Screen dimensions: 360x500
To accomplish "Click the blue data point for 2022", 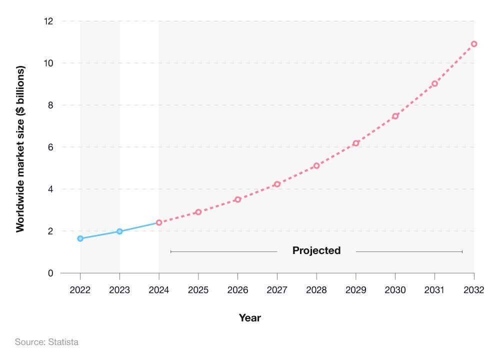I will [x=80, y=238].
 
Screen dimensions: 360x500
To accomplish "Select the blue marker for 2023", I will [x=119, y=231].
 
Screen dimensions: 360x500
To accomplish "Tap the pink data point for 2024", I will [x=159, y=222].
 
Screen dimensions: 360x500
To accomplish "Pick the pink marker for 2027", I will [x=277, y=184].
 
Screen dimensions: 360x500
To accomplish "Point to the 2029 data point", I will [x=356, y=143].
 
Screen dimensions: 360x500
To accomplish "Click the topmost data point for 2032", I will [x=474, y=44].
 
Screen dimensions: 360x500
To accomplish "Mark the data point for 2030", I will [x=395, y=116].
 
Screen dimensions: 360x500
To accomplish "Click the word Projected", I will [x=316, y=250].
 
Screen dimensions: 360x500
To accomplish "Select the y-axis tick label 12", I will [x=48, y=21].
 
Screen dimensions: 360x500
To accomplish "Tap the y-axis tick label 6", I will [x=50, y=147].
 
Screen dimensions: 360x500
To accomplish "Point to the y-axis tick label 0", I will [x=50, y=273].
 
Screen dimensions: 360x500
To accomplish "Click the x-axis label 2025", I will [x=198, y=290].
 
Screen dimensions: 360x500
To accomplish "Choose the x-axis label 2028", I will [x=316, y=290].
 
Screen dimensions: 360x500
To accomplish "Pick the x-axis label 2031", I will [x=434, y=290].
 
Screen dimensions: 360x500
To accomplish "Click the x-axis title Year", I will [x=249, y=318].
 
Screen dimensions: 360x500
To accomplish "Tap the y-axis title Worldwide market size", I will [x=20, y=148].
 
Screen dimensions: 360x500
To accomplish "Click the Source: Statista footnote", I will [x=46, y=342].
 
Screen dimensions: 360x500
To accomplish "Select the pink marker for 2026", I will [x=237, y=199].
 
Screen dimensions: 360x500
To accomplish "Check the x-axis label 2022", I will [x=80, y=290].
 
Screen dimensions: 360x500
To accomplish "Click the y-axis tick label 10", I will [x=48, y=63].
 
